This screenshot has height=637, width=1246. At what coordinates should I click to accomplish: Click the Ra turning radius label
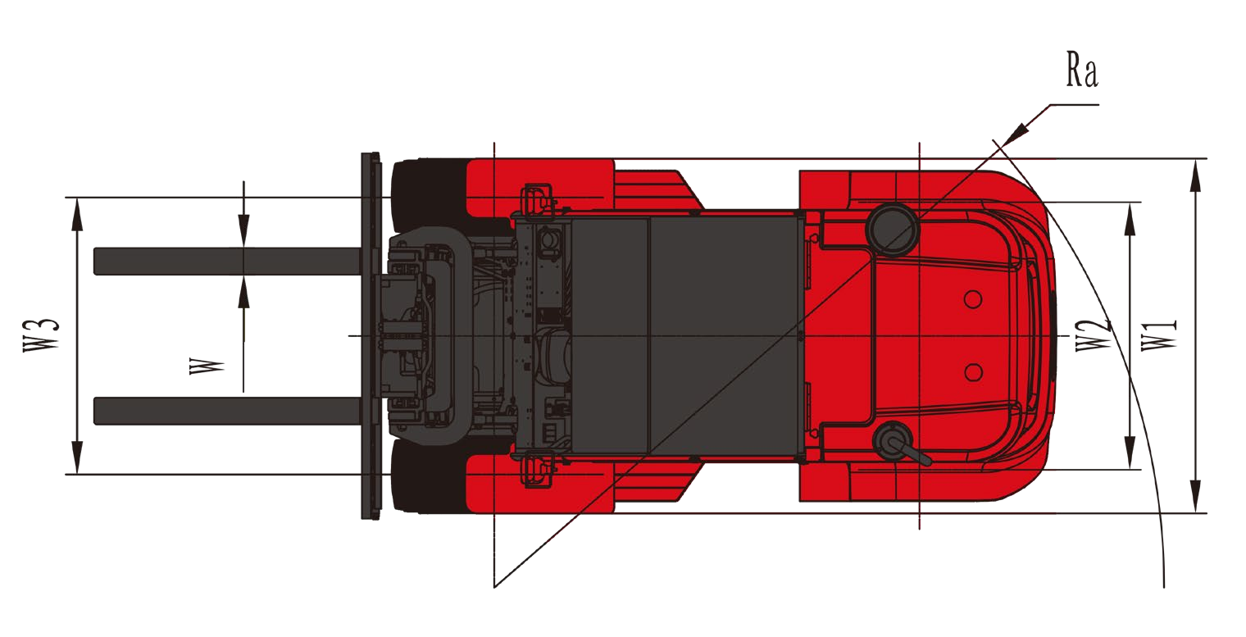pos(1082,70)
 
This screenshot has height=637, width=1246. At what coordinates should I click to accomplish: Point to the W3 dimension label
pos(41,334)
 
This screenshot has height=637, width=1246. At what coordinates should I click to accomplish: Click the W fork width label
pos(207,366)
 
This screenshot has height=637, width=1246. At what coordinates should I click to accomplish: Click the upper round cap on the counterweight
pos(892,229)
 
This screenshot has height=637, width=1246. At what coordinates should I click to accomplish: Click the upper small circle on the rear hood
pos(973,299)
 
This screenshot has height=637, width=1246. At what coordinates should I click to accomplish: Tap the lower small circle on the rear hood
pos(973,373)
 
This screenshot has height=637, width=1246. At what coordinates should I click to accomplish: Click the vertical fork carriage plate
pos(371,335)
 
